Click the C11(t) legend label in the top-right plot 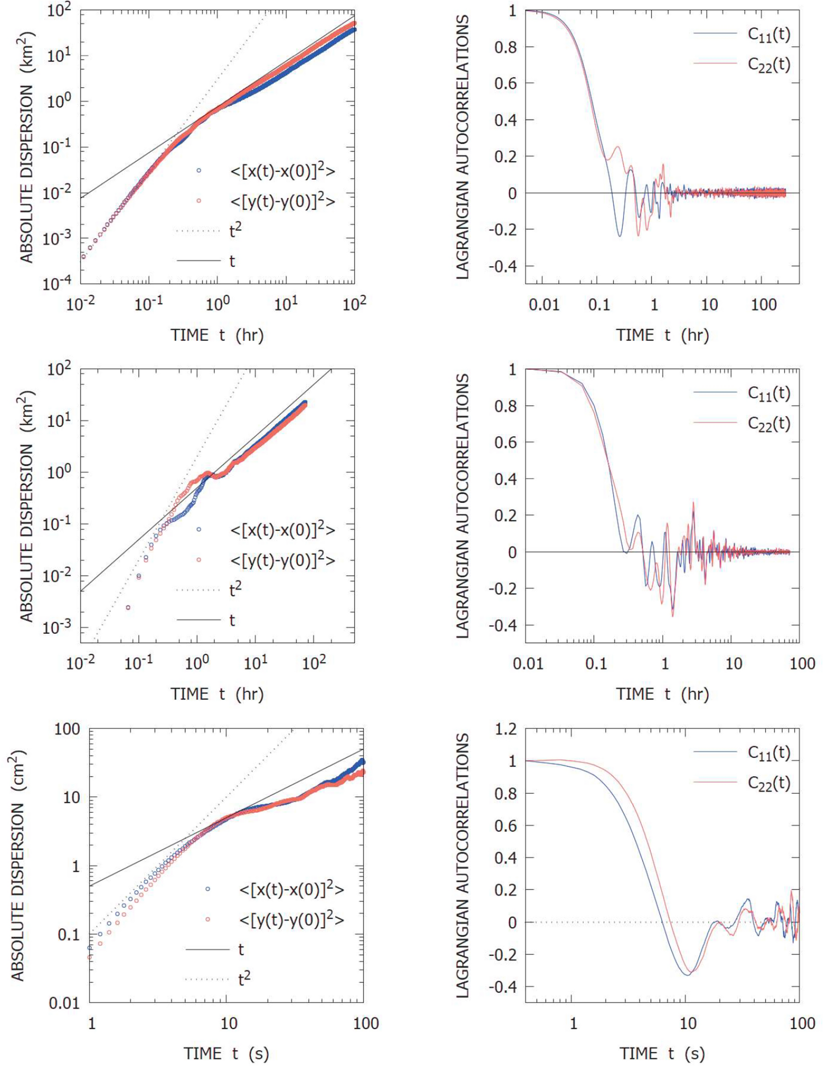coord(768,35)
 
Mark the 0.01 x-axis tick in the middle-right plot coord(528,664)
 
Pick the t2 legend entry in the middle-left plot coord(235,590)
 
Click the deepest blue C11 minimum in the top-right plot coord(620,236)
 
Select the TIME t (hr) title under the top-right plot coord(662,335)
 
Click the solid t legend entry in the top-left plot coord(232,261)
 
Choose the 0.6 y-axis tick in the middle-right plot coord(506,442)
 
